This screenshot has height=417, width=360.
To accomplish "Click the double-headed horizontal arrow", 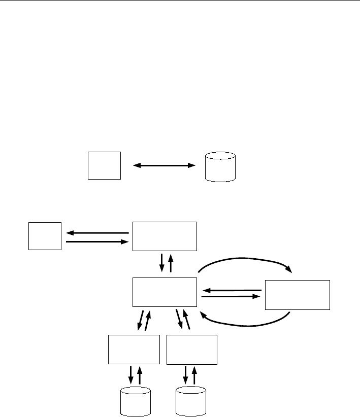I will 163,165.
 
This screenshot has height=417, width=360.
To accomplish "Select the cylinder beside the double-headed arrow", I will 220,166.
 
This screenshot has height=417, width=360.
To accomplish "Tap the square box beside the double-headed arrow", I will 104,165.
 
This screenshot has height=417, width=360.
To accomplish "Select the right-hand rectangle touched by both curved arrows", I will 297,295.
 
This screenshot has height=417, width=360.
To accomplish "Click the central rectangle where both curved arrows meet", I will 165,292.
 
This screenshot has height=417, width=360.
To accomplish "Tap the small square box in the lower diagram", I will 45,235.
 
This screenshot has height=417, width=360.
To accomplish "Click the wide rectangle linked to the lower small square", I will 165,236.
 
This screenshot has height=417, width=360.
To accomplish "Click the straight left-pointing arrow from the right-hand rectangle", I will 232,290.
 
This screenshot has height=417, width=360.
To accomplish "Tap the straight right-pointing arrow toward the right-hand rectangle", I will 232,297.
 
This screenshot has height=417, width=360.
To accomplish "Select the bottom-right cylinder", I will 190,401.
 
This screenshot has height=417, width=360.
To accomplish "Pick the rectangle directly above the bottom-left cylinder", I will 134,350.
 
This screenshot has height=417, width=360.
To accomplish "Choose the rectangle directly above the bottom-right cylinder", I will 192,350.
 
